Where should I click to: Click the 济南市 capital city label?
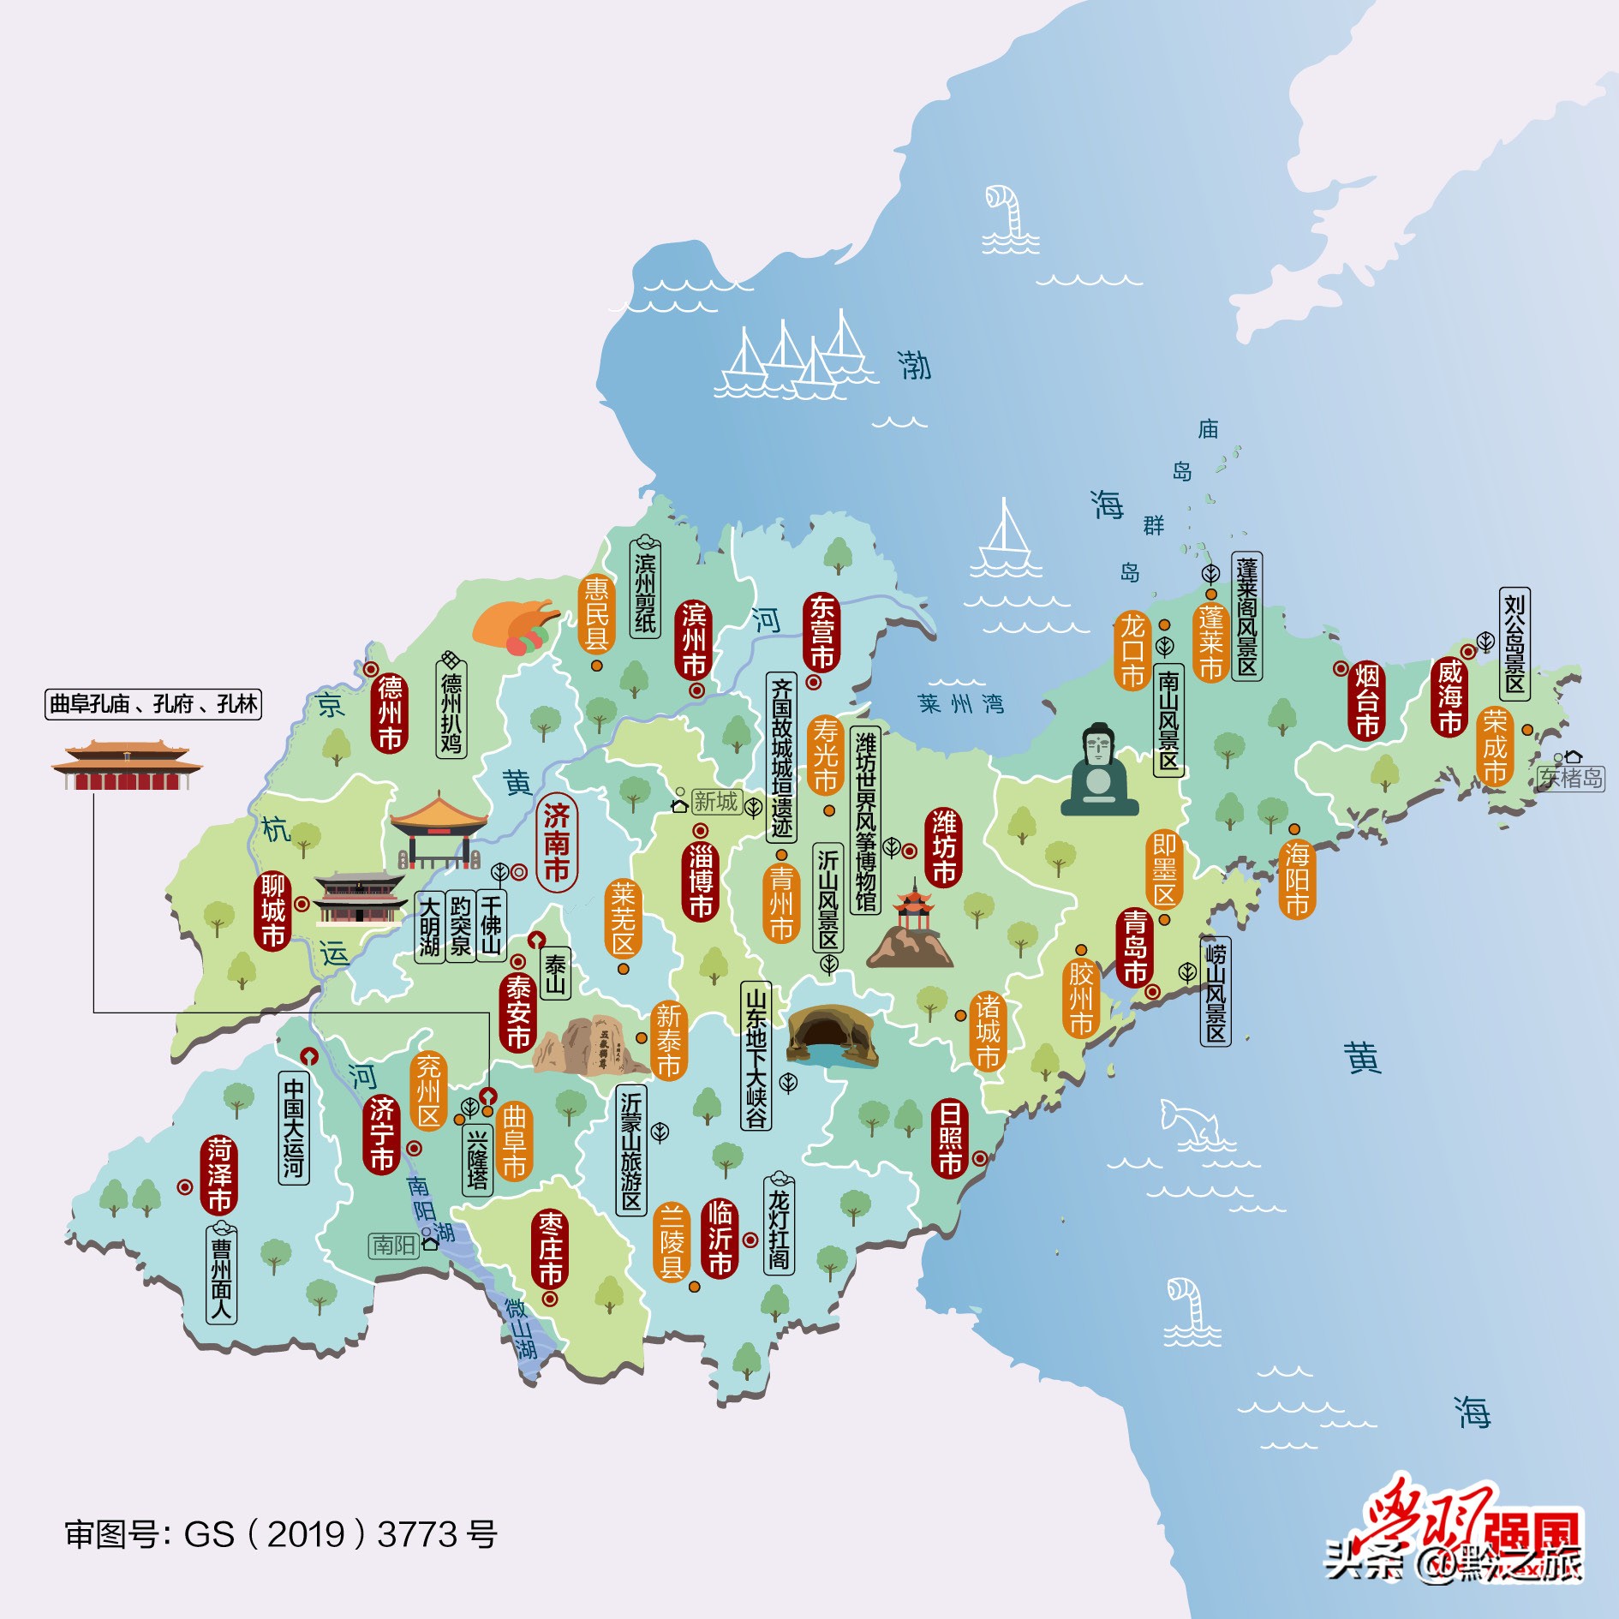(x=556, y=843)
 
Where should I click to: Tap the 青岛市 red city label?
(x=1134, y=947)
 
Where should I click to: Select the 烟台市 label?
(x=1367, y=701)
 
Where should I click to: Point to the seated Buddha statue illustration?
(x=1099, y=771)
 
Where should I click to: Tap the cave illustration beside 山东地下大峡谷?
(x=830, y=1036)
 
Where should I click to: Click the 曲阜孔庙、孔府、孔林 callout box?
(x=152, y=704)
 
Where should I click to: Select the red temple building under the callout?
(x=127, y=766)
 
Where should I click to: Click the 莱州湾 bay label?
(x=960, y=704)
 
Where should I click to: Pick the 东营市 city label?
(x=821, y=632)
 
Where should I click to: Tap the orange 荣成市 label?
(x=1495, y=746)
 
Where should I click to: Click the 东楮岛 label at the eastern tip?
(x=1570, y=778)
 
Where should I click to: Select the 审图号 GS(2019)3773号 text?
(x=281, y=1534)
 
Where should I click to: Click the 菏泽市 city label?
(x=219, y=1174)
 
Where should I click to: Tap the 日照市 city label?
(x=949, y=1138)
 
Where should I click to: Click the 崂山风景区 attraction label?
(x=1215, y=991)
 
